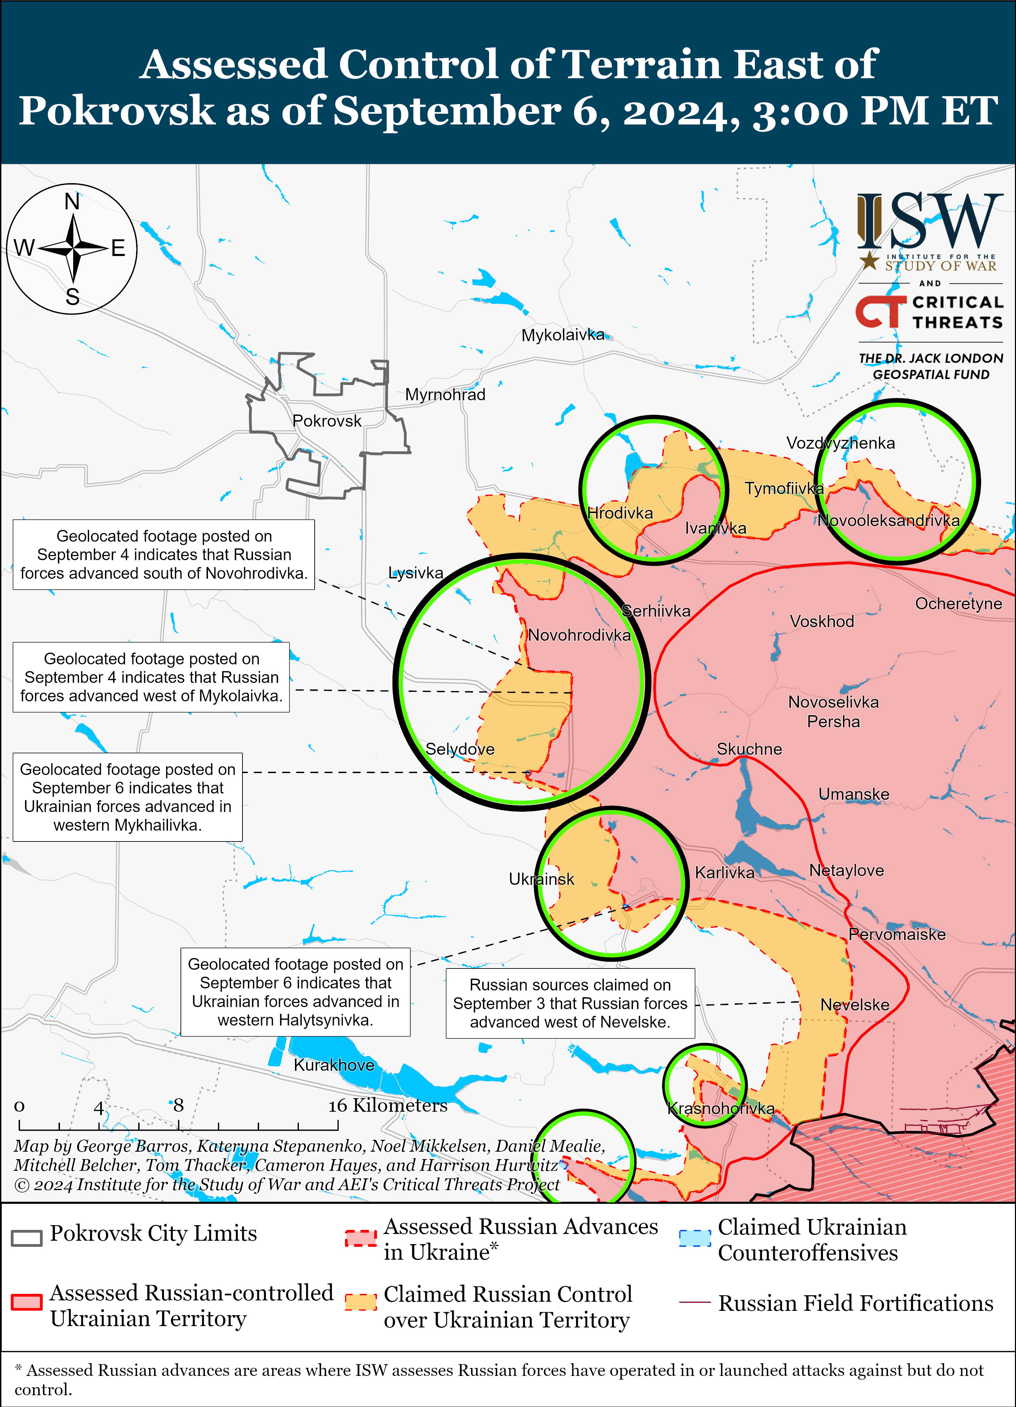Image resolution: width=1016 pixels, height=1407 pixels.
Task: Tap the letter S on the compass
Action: pos(72,297)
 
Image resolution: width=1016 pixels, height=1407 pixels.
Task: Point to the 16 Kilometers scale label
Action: pos(388,1106)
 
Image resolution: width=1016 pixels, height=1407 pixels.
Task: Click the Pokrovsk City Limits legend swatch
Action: pos(27,1238)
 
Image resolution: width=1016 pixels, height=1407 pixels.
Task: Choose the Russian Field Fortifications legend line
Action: pos(695,1302)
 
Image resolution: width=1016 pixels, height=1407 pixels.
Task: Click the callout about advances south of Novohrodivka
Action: pos(164,555)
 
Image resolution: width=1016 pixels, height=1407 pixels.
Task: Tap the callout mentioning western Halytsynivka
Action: pos(295,992)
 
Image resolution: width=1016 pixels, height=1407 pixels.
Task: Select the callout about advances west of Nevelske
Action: pos(570,1003)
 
